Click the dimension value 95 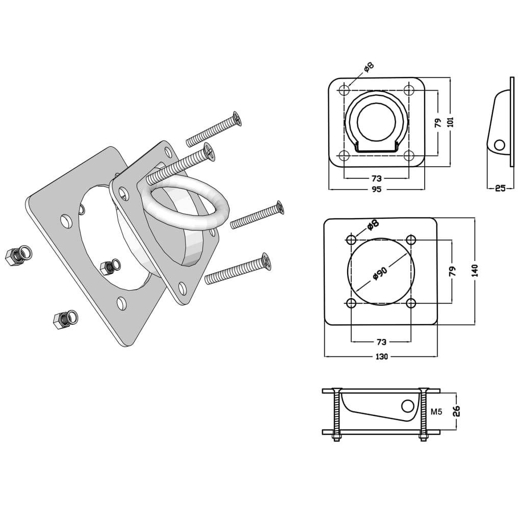point(376,189)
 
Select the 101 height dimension point(450,122)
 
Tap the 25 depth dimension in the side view point(500,188)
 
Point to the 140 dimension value point(475,270)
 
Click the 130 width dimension point(381,356)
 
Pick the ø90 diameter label point(380,273)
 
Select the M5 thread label point(436,411)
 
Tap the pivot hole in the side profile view point(500,145)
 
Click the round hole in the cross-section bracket point(407,406)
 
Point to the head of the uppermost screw point(237,119)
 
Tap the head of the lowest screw point(266,262)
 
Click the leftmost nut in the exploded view point(17,255)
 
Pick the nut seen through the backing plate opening point(109,267)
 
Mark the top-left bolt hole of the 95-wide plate point(344,91)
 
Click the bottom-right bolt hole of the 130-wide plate point(411,303)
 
